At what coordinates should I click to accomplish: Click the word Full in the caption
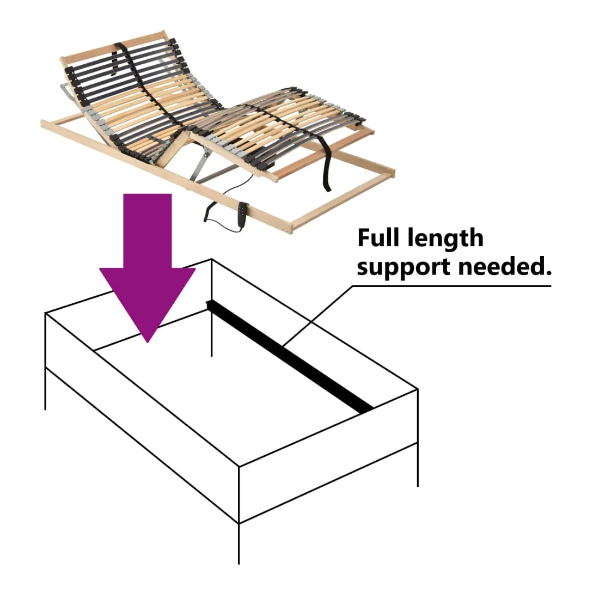click(376, 239)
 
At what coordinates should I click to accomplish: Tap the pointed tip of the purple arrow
click(148, 340)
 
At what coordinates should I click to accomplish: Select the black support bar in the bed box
click(289, 354)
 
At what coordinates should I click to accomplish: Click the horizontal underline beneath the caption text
click(452, 285)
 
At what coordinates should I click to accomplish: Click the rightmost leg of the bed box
click(418, 463)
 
